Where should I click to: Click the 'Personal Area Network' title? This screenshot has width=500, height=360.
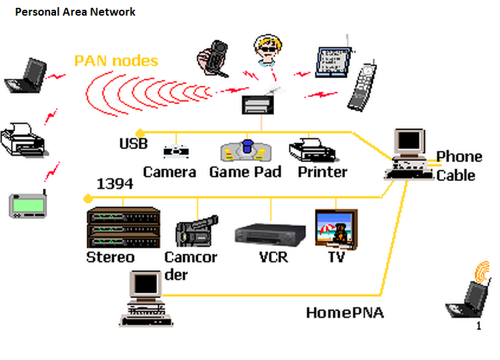pos(75,12)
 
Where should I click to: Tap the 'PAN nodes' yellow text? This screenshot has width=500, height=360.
pos(116,61)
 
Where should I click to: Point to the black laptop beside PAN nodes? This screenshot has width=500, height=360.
pos(25,75)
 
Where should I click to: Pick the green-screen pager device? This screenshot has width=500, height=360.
pos(29,204)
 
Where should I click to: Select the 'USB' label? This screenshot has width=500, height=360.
pos(133,143)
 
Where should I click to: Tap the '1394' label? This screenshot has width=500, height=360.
pos(115,184)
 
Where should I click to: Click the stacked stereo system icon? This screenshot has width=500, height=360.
pos(123,227)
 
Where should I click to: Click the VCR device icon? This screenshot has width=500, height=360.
pos(270,232)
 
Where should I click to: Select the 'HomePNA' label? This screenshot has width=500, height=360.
pos(345,313)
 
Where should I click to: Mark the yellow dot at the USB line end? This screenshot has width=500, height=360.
pos(139,132)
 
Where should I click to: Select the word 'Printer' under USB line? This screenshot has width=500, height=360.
pos(322,172)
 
